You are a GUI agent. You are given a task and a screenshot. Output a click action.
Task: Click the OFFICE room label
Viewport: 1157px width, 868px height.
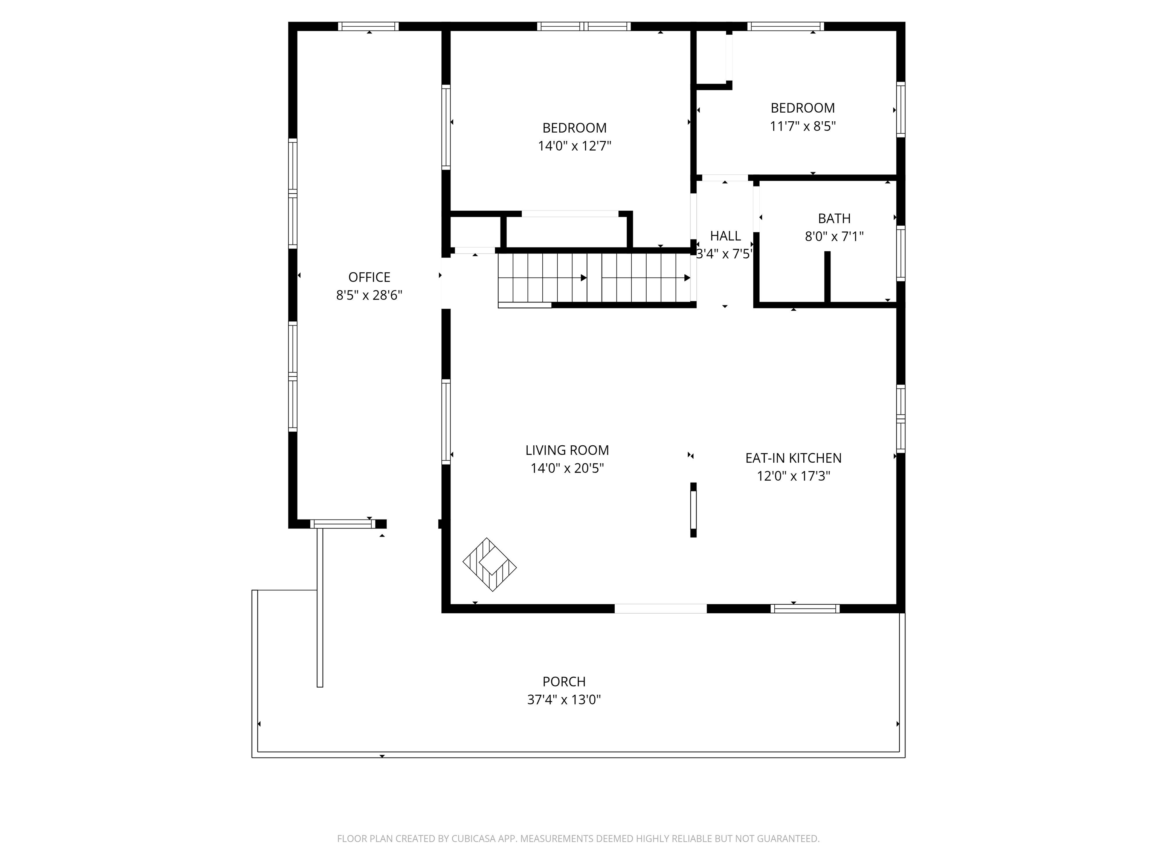[369, 277]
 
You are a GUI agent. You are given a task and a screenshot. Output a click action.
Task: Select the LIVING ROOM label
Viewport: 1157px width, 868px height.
[567, 451]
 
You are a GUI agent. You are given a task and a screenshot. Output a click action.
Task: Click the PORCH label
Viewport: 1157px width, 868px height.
[564, 682]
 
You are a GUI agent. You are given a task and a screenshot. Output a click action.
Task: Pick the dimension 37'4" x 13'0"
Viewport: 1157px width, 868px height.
[564, 700]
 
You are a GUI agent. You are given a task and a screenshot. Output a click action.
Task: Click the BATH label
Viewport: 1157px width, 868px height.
[834, 219]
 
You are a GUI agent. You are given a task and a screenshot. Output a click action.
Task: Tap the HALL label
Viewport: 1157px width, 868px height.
[725, 236]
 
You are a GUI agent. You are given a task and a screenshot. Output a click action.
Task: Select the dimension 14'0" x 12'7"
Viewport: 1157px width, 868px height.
[574, 146]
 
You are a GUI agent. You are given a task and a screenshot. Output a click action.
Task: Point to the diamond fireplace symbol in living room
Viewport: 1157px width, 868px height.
[490, 565]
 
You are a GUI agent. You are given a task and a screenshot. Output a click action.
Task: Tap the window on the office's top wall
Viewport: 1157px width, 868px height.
[368, 26]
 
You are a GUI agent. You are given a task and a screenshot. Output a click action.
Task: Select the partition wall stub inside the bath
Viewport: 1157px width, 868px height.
[827, 277]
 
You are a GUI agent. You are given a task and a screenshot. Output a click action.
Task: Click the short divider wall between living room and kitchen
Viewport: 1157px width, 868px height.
[694, 510]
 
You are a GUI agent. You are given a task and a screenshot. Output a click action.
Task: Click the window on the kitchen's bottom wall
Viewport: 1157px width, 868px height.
[804, 608]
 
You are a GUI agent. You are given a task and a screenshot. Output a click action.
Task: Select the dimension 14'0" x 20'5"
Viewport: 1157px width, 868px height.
[567, 469]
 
